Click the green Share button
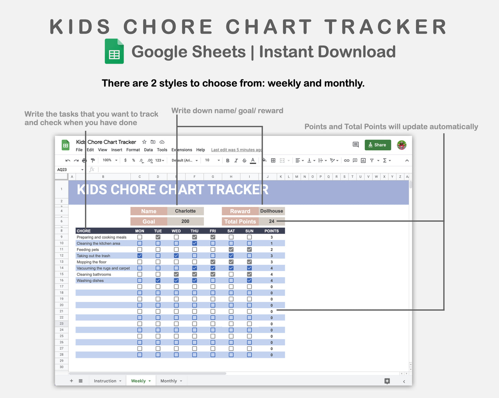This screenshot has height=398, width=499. click(377, 145)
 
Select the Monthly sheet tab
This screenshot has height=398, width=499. click(169, 381)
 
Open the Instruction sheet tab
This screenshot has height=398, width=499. click(105, 381)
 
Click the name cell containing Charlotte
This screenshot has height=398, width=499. click(185, 211)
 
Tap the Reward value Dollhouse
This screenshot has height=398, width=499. click(271, 211)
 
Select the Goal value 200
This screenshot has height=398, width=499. click(185, 221)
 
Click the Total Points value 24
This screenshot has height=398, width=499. click(271, 221)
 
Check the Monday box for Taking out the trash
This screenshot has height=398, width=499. click(140, 256)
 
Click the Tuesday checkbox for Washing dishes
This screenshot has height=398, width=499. click(158, 281)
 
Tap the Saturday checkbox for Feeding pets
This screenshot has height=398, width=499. click(231, 249)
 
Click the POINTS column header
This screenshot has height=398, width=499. click(271, 231)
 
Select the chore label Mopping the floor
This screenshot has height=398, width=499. click(92, 262)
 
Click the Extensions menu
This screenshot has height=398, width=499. click(182, 150)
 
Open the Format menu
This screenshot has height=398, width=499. click(133, 150)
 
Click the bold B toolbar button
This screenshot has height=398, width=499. click(228, 160)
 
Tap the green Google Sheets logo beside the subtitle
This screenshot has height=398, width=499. click(114, 51)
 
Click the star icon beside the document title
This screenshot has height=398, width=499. click(144, 142)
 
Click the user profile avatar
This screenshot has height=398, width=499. click(402, 145)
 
